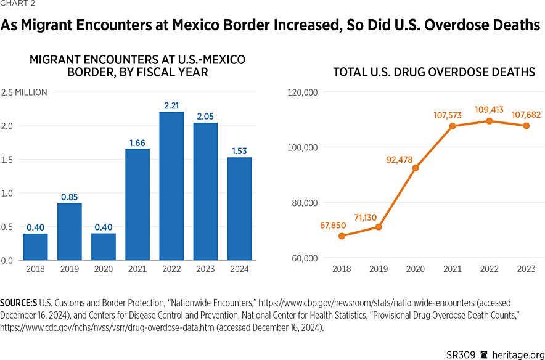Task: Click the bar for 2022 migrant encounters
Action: (x=171, y=186)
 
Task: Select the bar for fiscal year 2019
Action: (x=70, y=232)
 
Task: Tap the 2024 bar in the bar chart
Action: (x=239, y=209)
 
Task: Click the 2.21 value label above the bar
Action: (x=171, y=106)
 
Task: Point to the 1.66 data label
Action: (x=137, y=143)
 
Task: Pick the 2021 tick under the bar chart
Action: (x=137, y=269)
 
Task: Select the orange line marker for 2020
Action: (x=416, y=168)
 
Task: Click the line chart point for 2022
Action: (x=490, y=121)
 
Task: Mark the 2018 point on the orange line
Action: (x=342, y=235)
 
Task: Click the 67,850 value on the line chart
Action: (x=334, y=225)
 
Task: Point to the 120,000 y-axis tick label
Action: (x=302, y=92)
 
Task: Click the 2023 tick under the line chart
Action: (x=527, y=269)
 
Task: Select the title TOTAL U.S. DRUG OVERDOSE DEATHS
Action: (x=433, y=72)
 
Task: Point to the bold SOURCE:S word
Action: (x=18, y=303)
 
